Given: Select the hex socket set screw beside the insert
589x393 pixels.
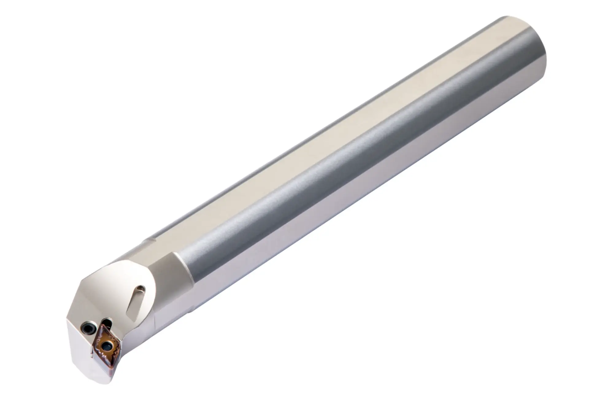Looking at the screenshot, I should coord(89,329).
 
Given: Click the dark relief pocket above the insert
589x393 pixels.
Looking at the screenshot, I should coord(107,322).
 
